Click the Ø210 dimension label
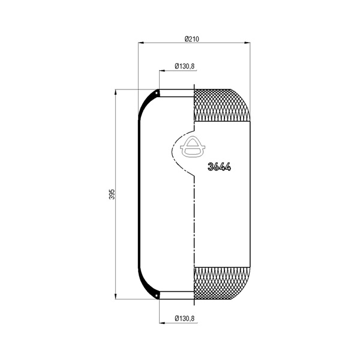click(x=192, y=39)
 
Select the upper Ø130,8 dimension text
click(x=184, y=67)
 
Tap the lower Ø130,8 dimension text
click(x=184, y=319)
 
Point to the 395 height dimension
click(x=112, y=194)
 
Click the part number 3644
click(x=219, y=167)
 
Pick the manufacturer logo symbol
click(x=193, y=147)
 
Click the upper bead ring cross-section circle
click(x=157, y=94)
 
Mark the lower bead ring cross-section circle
click(x=157, y=295)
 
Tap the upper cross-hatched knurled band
click(x=222, y=105)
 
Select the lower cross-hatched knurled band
click(x=222, y=283)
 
